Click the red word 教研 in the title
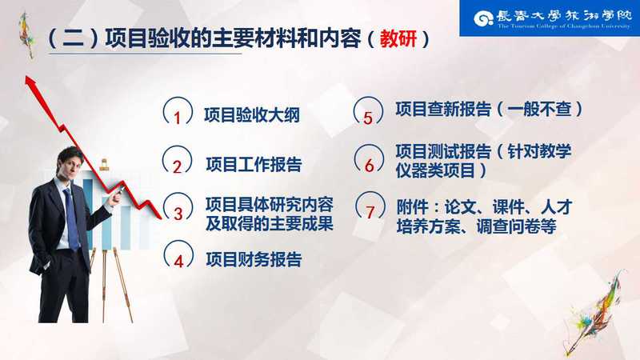point(398,39)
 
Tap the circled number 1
point(178,112)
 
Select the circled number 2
point(177,160)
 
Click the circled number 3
point(178,207)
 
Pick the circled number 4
point(178,255)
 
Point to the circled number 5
point(368,111)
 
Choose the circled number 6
point(369,159)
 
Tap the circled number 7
point(370,207)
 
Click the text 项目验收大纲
point(252,115)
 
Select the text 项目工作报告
point(254,165)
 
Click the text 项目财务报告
point(254,259)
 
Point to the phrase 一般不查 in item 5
point(539,109)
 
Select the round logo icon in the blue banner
point(484,18)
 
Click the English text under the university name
point(564,26)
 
